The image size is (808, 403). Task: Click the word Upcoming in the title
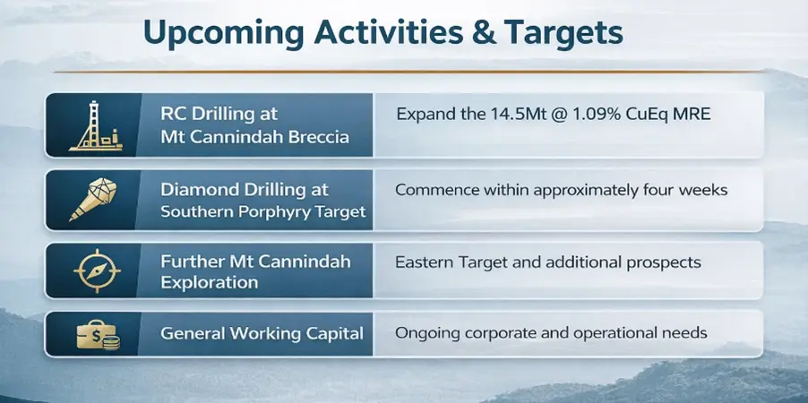click(x=224, y=35)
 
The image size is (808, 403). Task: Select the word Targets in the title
click(x=563, y=33)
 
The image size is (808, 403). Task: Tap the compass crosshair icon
click(x=97, y=270)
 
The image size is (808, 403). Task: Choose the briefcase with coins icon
click(x=98, y=335)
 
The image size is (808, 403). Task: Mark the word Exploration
click(x=210, y=283)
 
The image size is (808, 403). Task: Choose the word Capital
click(x=335, y=334)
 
